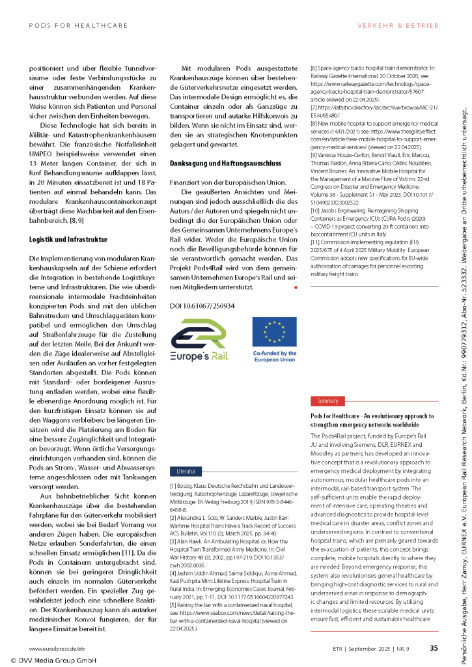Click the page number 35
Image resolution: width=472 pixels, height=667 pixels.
[x=434, y=647]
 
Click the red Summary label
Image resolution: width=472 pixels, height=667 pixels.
[x=327, y=383]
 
